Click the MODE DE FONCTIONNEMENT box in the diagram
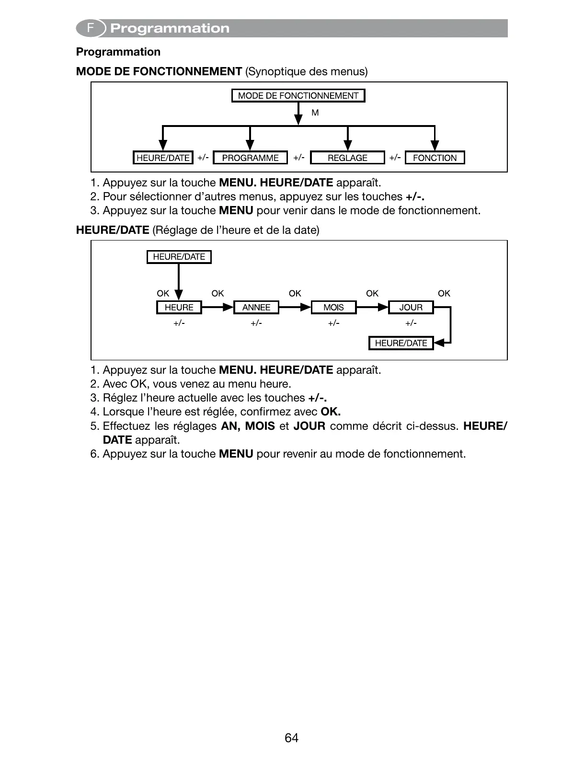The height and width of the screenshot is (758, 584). [x=298, y=96]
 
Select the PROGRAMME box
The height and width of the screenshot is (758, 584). [x=250, y=158]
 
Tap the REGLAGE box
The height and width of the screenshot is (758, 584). [x=347, y=158]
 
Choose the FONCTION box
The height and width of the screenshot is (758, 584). [x=435, y=158]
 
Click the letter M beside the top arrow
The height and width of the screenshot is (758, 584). [x=315, y=113]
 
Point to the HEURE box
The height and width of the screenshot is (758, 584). [x=179, y=308]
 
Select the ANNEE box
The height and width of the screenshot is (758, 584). [x=256, y=308]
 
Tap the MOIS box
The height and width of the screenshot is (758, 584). [x=333, y=308]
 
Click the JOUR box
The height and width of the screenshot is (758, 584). [x=411, y=308]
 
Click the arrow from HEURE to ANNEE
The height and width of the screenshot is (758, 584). [x=218, y=307]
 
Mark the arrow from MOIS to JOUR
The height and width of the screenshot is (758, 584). [x=372, y=307]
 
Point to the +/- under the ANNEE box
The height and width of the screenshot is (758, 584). [x=256, y=323]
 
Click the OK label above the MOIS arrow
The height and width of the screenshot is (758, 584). [x=295, y=293]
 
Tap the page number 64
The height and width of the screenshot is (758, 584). [x=291, y=738]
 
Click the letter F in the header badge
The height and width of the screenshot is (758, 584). [x=90, y=28]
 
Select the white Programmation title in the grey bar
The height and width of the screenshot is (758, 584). [x=170, y=29]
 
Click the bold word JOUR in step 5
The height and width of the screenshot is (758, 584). [x=309, y=426]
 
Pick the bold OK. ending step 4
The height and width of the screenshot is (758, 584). [x=331, y=412]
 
